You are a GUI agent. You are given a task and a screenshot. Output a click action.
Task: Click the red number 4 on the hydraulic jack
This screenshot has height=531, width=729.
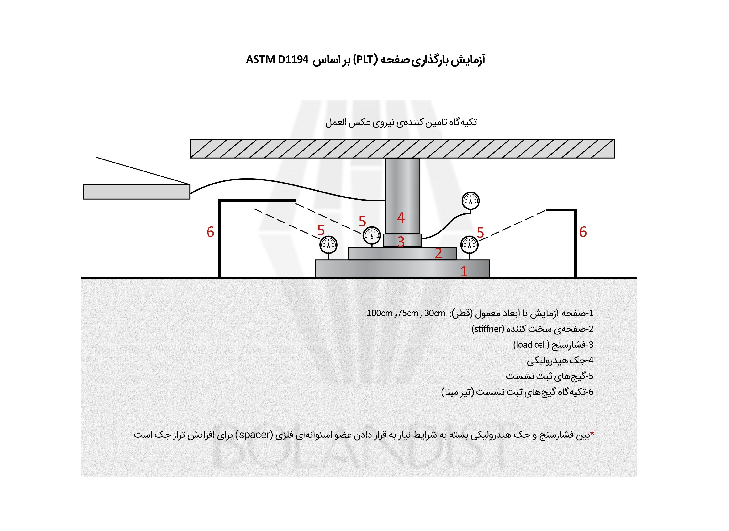tap(400, 218)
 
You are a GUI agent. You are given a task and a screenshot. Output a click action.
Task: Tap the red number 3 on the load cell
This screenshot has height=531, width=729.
tap(400, 242)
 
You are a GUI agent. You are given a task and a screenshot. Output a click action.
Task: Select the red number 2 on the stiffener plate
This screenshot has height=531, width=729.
tap(438, 253)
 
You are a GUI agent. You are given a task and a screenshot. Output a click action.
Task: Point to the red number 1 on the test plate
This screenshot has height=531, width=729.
tap(464, 272)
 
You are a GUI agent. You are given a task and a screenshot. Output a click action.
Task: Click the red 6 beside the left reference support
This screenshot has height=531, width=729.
tap(211, 232)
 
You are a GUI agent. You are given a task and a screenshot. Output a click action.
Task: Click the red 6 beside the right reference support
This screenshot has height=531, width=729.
tap(583, 232)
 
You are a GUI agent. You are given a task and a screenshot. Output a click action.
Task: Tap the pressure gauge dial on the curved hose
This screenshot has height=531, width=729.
tap(471, 201)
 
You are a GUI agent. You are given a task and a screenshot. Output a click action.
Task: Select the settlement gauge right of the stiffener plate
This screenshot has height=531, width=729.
tap(469, 245)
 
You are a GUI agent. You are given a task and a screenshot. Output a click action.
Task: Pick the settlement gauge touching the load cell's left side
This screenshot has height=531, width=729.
tap(372, 236)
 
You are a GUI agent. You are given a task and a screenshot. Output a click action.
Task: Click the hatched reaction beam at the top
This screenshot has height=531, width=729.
tap(402, 149)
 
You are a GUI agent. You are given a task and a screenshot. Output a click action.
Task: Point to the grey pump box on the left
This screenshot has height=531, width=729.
tap(137, 192)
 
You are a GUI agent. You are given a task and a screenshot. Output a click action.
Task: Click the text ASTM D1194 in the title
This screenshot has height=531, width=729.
tap(277, 60)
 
